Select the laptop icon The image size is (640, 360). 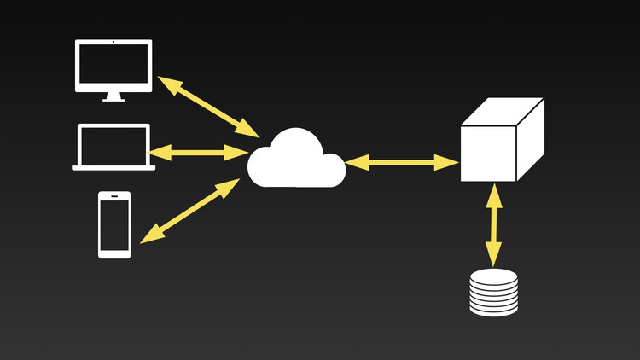click(x=113, y=147)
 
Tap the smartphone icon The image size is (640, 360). click(x=114, y=224)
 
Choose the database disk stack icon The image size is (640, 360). click(x=494, y=293)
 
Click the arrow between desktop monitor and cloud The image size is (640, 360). click(x=208, y=107)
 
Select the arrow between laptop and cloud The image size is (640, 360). click(x=199, y=153)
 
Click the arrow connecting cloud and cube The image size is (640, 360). click(x=402, y=161)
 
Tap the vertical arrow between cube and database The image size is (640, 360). click(x=493, y=225)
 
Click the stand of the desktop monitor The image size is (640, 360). click(x=113, y=97)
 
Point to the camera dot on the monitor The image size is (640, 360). click(x=113, y=42)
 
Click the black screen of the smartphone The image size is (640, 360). click(x=114, y=224)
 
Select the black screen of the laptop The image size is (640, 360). click(x=113, y=144)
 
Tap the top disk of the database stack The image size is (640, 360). click(x=494, y=276)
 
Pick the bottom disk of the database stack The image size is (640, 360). click(x=494, y=311)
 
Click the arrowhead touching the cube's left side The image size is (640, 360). click(x=450, y=162)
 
